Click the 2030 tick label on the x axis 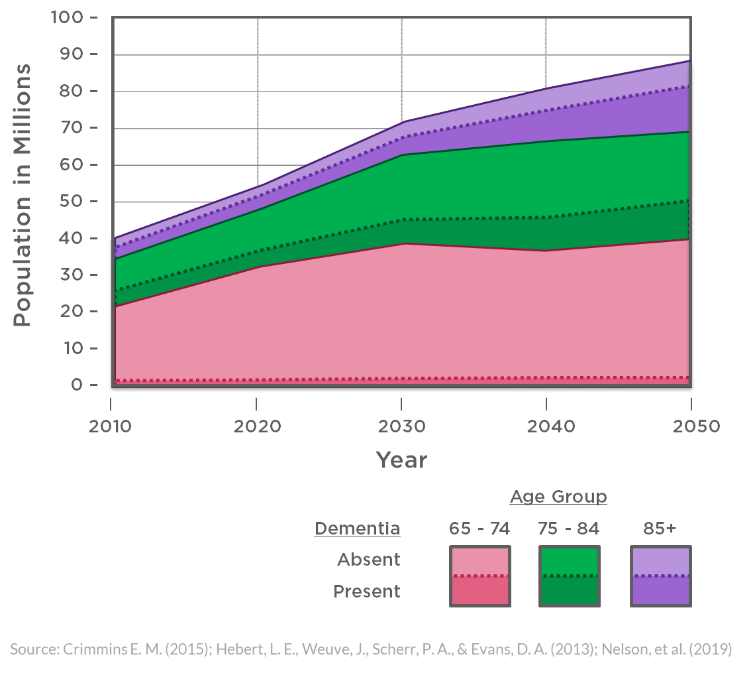[401, 426]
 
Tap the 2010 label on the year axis [110, 426]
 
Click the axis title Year [401, 460]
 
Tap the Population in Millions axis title [23, 195]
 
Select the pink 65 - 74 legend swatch [479, 576]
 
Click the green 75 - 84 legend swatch [570, 576]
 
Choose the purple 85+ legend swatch [660, 576]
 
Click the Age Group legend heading [558, 497]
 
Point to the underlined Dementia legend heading [357, 529]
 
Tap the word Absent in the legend [368, 560]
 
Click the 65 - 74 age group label [479, 529]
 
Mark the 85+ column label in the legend [660, 529]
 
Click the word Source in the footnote [34, 649]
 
